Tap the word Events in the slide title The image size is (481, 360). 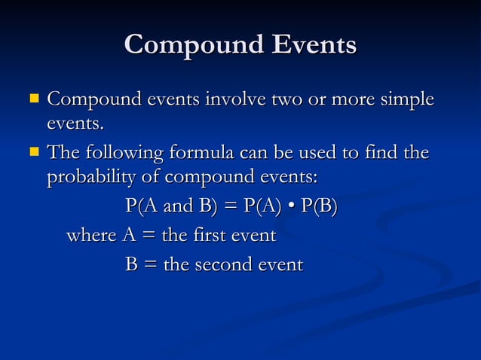point(310,45)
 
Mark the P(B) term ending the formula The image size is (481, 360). point(319,206)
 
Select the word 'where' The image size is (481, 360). point(91,236)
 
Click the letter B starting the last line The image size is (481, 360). point(131,265)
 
